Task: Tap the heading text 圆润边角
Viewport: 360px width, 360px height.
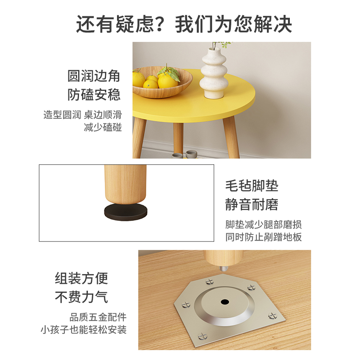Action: coord(94,76)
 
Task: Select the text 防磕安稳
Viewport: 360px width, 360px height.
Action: coord(94,94)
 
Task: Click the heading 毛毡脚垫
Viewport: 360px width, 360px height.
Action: coord(252,185)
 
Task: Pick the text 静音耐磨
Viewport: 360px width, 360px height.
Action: coord(252,205)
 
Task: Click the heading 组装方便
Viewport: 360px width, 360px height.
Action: coord(81,278)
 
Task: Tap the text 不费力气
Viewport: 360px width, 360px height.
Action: coord(81,297)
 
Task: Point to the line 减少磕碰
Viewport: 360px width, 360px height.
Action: coord(103,127)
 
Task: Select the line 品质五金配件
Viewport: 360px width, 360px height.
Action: coord(98,316)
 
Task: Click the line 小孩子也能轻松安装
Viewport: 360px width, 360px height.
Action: coord(83,329)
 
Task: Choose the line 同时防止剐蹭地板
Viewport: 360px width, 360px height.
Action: coord(264,237)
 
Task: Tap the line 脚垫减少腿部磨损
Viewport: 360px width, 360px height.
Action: coord(264,224)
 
